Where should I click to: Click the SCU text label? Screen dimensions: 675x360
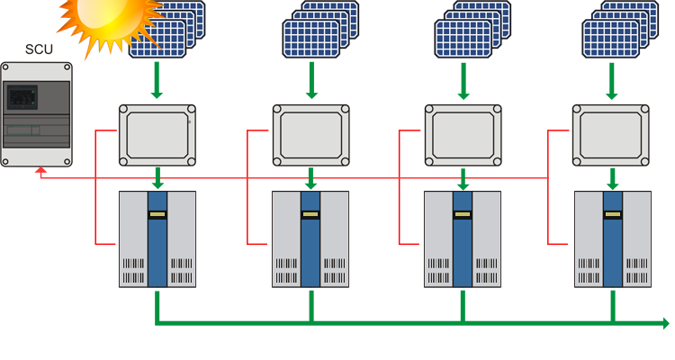(x=39, y=49)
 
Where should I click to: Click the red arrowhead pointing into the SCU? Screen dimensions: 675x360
(x=40, y=170)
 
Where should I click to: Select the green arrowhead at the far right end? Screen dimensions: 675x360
(x=665, y=323)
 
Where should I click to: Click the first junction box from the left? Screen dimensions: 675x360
(x=157, y=135)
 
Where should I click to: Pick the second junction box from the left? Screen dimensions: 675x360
(x=310, y=135)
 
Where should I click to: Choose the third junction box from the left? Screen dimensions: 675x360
(x=463, y=135)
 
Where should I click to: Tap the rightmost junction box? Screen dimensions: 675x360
(x=611, y=135)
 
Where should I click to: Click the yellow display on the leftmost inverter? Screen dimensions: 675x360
(x=157, y=214)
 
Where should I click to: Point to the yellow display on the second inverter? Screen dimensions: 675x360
(x=310, y=214)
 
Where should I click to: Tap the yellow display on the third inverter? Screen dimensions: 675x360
(x=463, y=214)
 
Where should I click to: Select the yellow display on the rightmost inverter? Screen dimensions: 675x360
(x=613, y=214)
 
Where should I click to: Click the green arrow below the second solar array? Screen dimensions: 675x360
(x=311, y=80)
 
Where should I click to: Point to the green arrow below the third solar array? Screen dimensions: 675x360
(x=463, y=81)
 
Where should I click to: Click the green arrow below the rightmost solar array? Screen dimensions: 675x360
(x=612, y=81)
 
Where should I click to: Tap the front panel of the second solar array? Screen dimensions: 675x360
(x=310, y=39)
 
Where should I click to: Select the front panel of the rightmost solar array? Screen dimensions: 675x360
(x=610, y=39)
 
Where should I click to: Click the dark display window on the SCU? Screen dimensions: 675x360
(x=22, y=97)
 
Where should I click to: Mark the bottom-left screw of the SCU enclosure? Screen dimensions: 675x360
(x=5, y=162)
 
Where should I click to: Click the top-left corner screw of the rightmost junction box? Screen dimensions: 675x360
(x=577, y=109)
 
